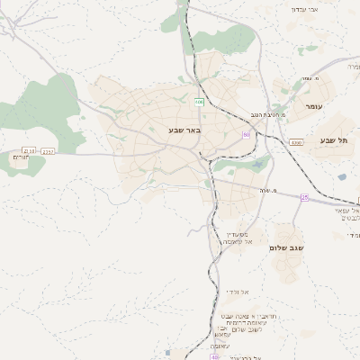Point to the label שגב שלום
point(285,247)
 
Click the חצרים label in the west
point(21,158)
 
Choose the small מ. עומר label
point(309,78)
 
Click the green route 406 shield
point(199,103)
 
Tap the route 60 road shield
point(246,135)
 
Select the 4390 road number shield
point(296,142)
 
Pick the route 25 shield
point(305,197)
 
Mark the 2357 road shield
point(49,151)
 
